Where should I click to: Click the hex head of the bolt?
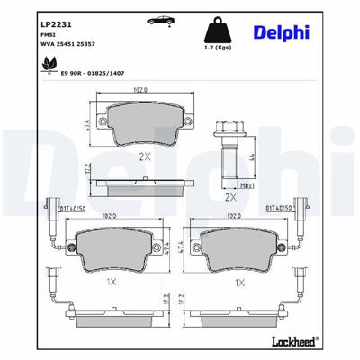pos(229,130)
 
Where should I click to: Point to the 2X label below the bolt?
pos(229,197)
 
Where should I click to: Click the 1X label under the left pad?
pos(112,282)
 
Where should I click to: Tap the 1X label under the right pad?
pos(241,282)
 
